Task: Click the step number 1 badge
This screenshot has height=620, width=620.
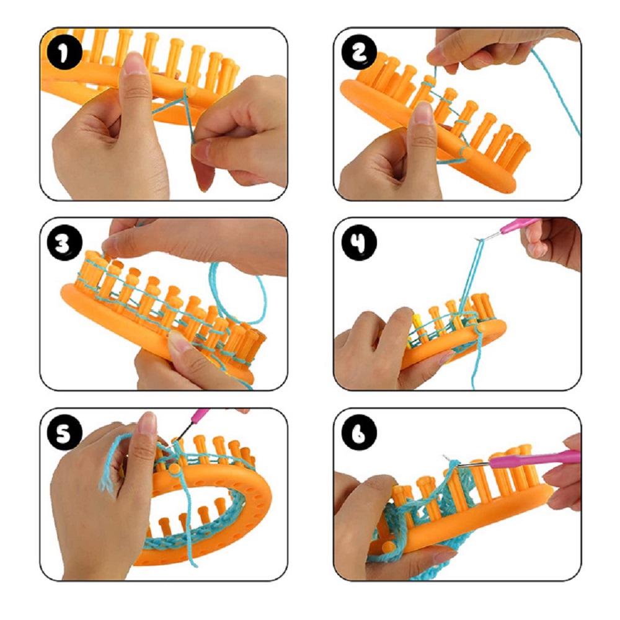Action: tap(64, 53)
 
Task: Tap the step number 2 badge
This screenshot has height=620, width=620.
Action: tap(358, 53)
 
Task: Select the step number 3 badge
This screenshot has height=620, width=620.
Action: tap(64, 243)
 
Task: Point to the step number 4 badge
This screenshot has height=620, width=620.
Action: tap(358, 243)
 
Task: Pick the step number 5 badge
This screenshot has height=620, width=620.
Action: tap(64, 433)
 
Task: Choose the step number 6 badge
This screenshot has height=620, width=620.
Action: tap(358, 433)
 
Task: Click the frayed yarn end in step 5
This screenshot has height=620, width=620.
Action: tap(107, 482)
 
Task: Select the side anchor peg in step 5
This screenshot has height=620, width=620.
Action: tap(174, 469)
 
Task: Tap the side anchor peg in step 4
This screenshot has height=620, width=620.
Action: tap(481, 328)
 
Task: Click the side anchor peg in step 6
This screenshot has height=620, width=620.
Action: tap(388, 546)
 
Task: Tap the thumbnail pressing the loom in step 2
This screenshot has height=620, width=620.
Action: tap(423, 113)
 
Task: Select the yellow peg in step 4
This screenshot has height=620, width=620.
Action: tap(417, 321)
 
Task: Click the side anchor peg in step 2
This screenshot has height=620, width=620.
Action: tap(466, 153)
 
